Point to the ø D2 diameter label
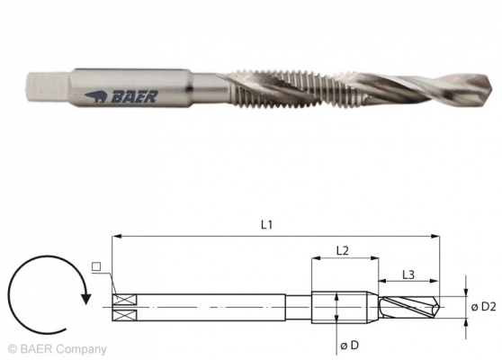click(x=483, y=307)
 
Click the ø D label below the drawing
click(x=350, y=345)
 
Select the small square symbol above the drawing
click(x=94, y=265)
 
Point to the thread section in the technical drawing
click(x=343, y=307)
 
